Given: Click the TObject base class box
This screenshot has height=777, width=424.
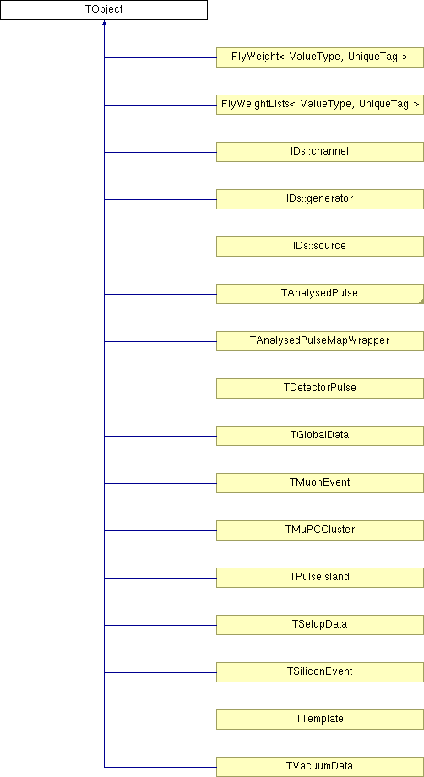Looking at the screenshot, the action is pyautogui.click(x=104, y=10).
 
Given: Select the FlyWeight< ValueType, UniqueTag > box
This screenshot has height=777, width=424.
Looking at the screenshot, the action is pyautogui.click(x=320, y=57).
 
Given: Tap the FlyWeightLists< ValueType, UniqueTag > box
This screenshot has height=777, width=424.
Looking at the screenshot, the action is pyautogui.click(x=320, y=105).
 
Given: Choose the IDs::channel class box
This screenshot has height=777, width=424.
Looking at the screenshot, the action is pyautogui.click(x=320, y=152).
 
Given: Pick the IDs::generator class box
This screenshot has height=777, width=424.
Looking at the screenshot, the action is pyautogui.click(x=320, y=199).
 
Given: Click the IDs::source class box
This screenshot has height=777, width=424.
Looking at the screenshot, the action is pyautogui.click(x=320, y=247).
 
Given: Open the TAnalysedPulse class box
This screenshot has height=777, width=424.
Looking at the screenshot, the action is pyautogui.click(x=320, y=294).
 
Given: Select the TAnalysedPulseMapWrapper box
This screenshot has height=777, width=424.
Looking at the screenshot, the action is pyautogui.click(x=320, y=341).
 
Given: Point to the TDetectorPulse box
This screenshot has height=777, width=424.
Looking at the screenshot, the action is pyautogui.click(x=320, y=388).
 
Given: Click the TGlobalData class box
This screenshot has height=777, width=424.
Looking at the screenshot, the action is pyautogui.click(x=320, y=436).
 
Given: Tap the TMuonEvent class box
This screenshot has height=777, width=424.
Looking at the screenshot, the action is pyautogui.click(x=320, y=483).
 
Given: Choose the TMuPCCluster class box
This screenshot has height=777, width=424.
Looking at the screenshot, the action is pyautogui.click(x=320, y=530).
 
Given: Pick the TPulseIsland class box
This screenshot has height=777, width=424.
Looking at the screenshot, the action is pyautogui.click(x=320, y=578).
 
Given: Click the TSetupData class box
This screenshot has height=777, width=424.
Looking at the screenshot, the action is pyautogui.click(x=320, y=625).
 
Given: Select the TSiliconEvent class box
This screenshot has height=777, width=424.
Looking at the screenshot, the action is pyautogui.click(x=320, y=672).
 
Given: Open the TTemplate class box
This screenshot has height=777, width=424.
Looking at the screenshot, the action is pyautogui.click(x=320, y=720).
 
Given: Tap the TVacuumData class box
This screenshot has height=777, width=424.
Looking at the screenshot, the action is pyautogui.click(x=320, y=767).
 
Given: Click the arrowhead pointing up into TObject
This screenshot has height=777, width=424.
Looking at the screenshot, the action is pyautogui.click(x=104, y=23).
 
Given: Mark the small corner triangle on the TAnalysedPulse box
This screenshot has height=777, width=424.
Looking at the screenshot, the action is pyautogui.click(x=421, y=302).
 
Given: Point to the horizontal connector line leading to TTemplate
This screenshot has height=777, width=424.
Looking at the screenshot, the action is pyautogui.click(x=160, y=720).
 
